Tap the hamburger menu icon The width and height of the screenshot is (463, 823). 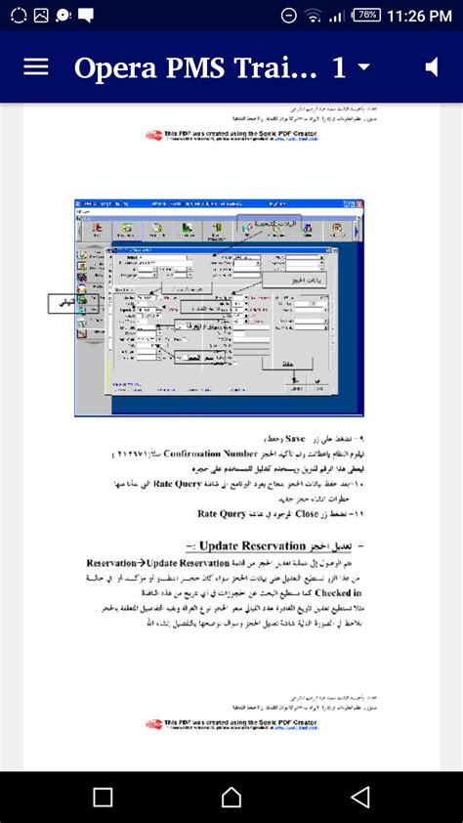(36, 66)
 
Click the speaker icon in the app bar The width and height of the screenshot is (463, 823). (432, 66)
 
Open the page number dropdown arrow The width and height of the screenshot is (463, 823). (364, 66)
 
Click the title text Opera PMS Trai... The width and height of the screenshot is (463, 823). (195, 67)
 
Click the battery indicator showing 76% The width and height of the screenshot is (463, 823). (367, 15)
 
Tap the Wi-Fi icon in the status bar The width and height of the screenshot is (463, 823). (313, 16)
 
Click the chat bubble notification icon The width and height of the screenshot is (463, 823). (86, 15)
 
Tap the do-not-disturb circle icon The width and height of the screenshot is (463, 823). (289, 16)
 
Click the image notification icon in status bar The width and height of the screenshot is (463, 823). (41, 15)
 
